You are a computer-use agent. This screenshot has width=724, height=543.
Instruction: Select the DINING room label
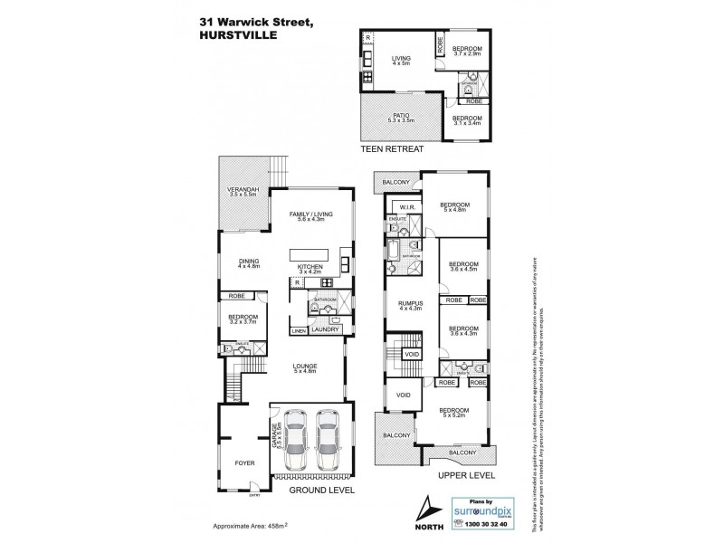click(x=248, y=262)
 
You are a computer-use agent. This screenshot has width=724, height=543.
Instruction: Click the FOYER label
click(x=244, y=462)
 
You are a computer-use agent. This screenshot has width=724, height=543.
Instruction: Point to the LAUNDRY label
click(x=324, y=330)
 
